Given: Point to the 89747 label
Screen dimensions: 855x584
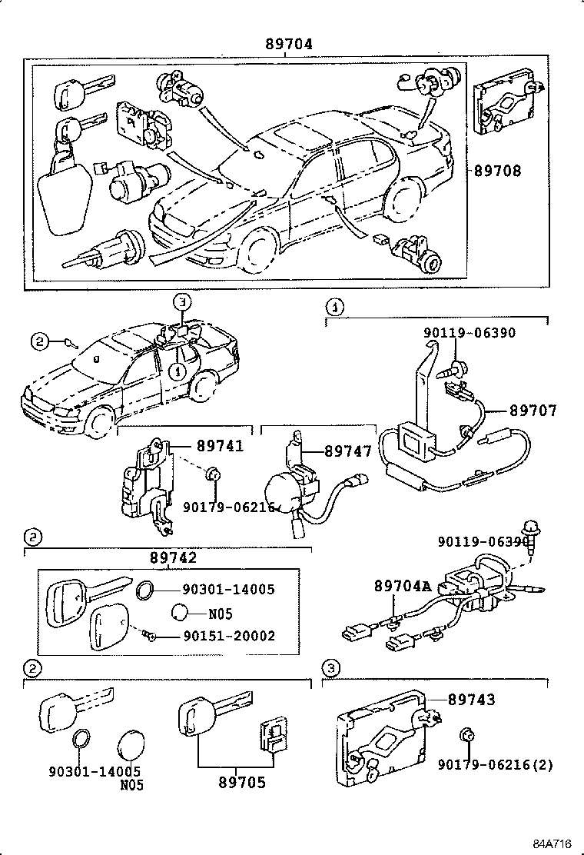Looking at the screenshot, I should tap(348, 451).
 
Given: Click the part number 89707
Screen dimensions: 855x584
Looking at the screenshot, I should tap(533, 412).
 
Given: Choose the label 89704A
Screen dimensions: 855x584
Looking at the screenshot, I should tap(402, 587).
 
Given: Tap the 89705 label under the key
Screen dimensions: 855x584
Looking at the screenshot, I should tap(242, 783).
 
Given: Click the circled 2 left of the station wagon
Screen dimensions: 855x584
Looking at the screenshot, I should tap(40, 340).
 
